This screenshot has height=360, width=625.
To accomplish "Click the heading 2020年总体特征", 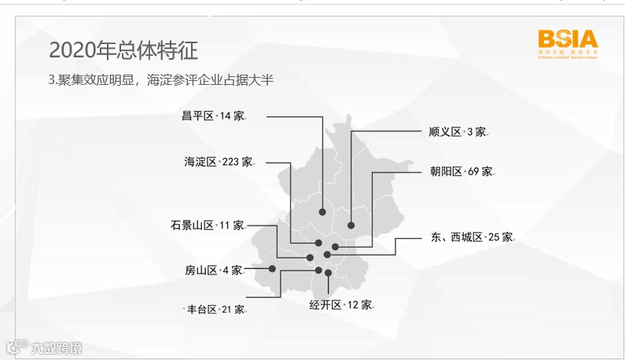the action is tap(123, 50).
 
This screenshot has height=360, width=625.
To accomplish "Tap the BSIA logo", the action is tap(568, 43).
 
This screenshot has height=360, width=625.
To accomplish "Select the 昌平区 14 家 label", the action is tap(212, 116).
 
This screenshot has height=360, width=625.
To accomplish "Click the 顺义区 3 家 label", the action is tap(458, 131).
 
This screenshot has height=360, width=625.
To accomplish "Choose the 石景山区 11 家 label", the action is tap(207, 225).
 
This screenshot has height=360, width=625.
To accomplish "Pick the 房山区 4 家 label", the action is tap(213, 270).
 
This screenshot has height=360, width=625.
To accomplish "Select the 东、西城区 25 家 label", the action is tap(472, 237).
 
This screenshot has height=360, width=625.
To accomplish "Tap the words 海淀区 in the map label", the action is tap(200, 162).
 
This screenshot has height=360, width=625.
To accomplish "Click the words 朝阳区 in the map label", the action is tap(446, 171).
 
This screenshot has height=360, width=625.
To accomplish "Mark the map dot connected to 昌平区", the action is tap(322, 211).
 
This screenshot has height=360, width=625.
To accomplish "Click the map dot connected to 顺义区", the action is tap(351, 226).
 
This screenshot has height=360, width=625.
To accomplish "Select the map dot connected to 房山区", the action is tap(272, 269).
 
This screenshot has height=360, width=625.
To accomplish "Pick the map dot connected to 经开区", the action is tap(328, 273).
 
